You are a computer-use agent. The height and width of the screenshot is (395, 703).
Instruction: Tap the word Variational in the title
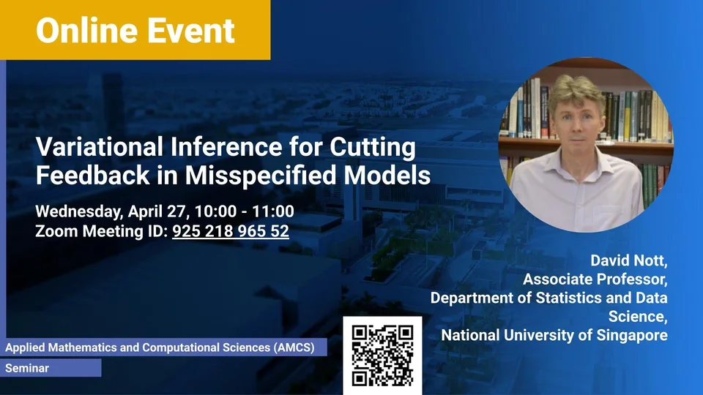(x=100, y=146)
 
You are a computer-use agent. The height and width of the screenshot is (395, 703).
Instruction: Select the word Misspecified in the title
(x=261, y=175)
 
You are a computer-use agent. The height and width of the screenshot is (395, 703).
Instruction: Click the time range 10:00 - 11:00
(x=245, y=211)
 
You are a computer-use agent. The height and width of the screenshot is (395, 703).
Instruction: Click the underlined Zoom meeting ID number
(x=231, y=231)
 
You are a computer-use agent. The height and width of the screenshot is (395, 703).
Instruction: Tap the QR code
(x=382, y=355)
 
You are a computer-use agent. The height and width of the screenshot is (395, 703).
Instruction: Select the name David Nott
(x=628, y=260)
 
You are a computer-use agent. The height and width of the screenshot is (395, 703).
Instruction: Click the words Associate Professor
(x=595, y=279)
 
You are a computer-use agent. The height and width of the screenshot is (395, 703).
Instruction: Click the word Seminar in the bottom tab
(x=27, y=368)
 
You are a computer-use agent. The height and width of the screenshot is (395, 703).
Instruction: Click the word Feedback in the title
(x=93, y=175)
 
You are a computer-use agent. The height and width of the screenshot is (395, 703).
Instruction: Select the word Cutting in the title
(x=373, y=148)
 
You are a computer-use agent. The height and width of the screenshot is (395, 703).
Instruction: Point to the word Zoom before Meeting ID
(x=56, y=231)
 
